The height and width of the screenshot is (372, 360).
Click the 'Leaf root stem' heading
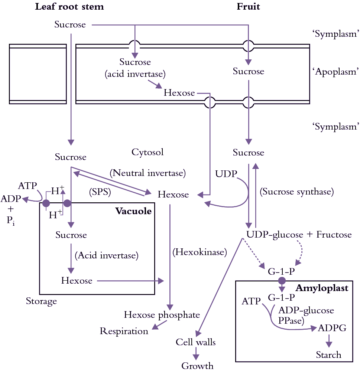pyautogui.click(x=69, y=7)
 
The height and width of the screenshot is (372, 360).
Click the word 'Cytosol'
pyautogui.click(x=147, y=152)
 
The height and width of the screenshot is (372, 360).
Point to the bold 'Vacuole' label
pyautogui.click(x=133, y=211)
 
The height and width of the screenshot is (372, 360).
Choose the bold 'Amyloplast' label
pyautogui.click(x=322, y=288)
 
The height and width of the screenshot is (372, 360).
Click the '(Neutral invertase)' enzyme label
pyautogui.click(x=147, y=173)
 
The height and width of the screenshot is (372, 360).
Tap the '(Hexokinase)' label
pyautogui.click(x=200, y=252)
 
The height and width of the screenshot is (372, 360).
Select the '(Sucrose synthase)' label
pyautogui.click(x=297, y=192)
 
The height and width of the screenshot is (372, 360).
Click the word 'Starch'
pyautogui.click(x=328, y=355)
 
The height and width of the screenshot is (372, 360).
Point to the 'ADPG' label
pyautogui.click(x=332, y=328)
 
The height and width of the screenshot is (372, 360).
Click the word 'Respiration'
pyautogui.click(x=124, y=331)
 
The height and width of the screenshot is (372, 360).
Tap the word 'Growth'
pyautogui.click(x=197, y=366)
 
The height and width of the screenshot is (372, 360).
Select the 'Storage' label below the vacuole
pyautogui.click(x=41, y=301)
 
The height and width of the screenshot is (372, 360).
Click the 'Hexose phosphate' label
pyautogui.click(x=162, y=315)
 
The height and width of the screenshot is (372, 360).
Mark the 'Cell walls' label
pyautogui.click(x=196, y=342)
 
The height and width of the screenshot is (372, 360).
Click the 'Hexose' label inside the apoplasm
pyautogui.click(x=179, y=92)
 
